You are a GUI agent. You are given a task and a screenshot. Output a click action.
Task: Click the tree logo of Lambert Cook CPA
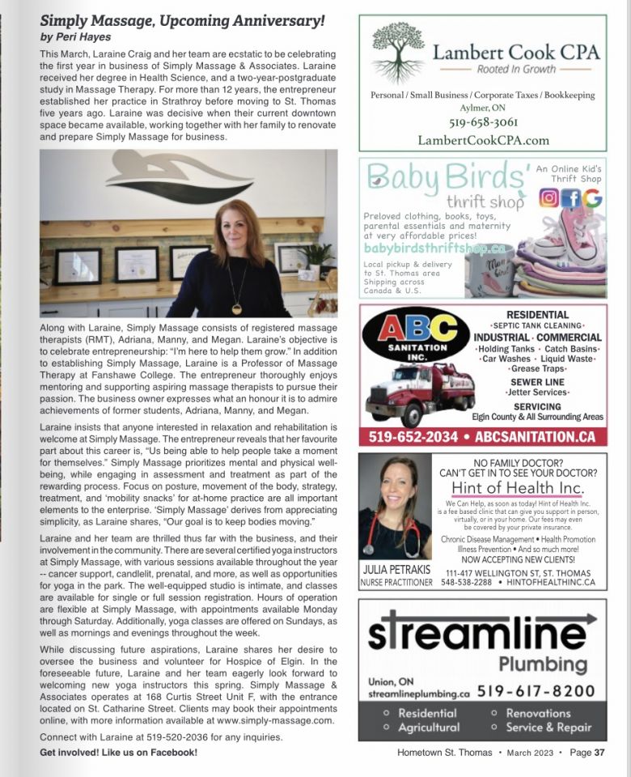(398, 53)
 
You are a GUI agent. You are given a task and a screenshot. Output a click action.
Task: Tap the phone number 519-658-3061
(483, 123)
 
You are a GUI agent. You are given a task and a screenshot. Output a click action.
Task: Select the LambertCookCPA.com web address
(483, 140)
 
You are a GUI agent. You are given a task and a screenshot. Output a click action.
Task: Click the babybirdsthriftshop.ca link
(434, 248)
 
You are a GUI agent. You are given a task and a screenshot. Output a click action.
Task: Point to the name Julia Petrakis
(396, 570)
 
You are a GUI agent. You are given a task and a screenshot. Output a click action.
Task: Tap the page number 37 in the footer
(599, 753)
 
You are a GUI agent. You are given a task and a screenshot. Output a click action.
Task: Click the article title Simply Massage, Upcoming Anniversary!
(183, 20)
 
